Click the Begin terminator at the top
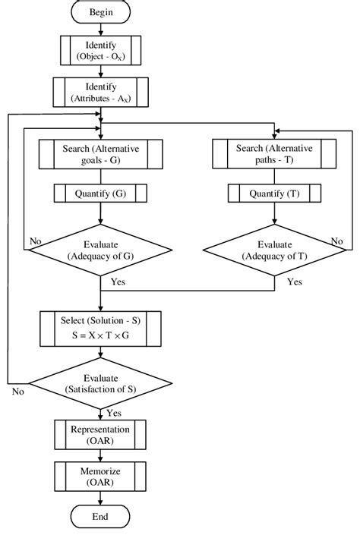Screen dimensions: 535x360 (101, 13)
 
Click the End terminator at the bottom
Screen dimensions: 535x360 (101, 517)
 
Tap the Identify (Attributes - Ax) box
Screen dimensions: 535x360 (101, 93)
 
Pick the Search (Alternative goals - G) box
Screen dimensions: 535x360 (101, 155)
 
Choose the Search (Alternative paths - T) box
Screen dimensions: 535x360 (275, 155)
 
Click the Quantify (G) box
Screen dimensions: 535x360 (101, 194)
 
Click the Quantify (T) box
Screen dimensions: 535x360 (275, 194)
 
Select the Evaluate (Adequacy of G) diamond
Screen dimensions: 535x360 (101, 250)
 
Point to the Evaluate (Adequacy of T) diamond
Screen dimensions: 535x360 (275, 250)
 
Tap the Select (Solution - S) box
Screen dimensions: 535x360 (101, 326)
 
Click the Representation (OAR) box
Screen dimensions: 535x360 (101, 435)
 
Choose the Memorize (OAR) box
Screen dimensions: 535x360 (101, 477)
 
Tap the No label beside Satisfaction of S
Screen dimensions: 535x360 (17, 392)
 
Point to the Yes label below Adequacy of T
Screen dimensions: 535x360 (294, 282)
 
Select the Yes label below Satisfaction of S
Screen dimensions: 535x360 (115, 414)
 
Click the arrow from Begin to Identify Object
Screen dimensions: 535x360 (101, 30)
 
